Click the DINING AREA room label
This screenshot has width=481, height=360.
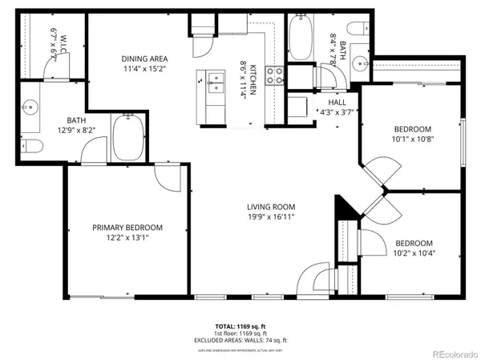point(144,59)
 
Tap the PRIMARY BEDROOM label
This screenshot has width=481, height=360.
point(127,227)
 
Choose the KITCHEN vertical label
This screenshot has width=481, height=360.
point(253,80)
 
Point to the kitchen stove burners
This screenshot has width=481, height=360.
point(274,75)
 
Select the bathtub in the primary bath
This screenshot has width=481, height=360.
point(128,136)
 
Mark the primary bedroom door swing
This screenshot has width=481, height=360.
point(171,178)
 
